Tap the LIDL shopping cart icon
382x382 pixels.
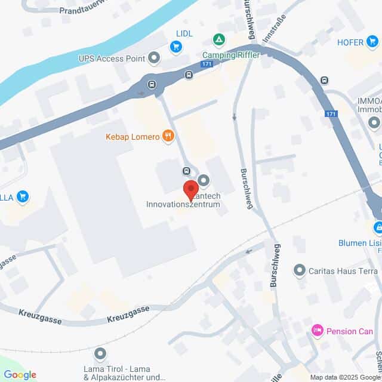pyautogui.click(x=175, y=46)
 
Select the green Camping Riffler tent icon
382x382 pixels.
pyautogui.click(x=219, y=39)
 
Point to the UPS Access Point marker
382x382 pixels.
pyautogui.click(x=155, y=58)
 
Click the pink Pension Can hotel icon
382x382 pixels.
pyautogui.click(x=317, y=330)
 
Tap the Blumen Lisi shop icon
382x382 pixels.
pyautogui.click(x=378, y=227)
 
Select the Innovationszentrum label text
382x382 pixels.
pyautogui.click(x=183, y=204)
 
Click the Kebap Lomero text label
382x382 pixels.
pyautogui.click(x=133, y=137)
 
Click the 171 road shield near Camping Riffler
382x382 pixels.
pyautogui.click(x=207, y=63)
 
